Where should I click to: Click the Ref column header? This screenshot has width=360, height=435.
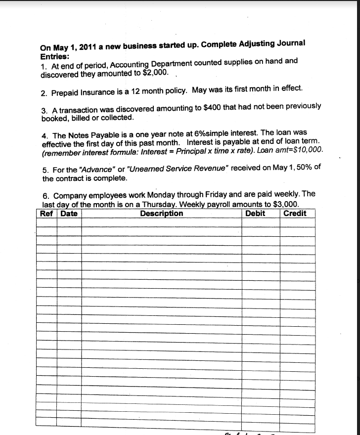(x=47, y=214)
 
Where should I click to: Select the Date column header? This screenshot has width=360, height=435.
(x=69, y=214)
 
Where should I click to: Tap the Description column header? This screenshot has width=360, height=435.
(x=161, y=214)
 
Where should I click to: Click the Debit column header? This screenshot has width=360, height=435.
(x=255, y=214)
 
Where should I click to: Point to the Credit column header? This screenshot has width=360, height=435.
(x=295, y=214)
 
